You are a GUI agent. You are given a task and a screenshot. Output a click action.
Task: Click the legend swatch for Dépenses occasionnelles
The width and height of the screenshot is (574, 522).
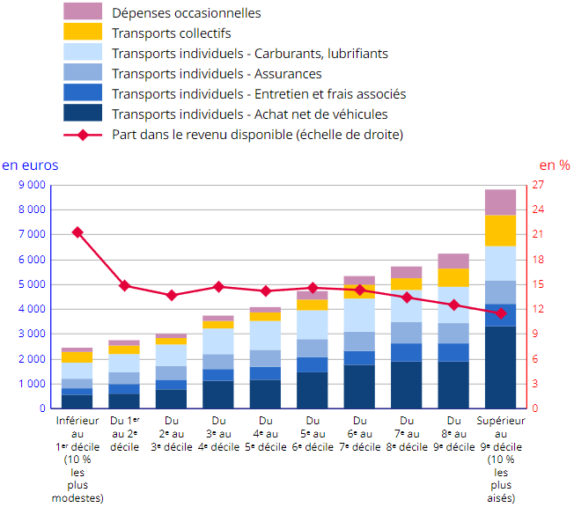point(83,12)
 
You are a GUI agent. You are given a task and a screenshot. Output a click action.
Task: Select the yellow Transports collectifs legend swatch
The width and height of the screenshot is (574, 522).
point(83,33)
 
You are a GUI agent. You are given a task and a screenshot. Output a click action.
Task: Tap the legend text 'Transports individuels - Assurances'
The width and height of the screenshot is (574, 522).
point(217,74)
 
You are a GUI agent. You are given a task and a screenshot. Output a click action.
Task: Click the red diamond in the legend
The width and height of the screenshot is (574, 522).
point(83,135)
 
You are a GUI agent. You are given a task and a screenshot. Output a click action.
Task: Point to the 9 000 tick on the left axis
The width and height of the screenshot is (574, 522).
point(32,186)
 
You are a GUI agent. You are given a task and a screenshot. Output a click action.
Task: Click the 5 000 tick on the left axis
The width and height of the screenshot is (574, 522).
point(32,285)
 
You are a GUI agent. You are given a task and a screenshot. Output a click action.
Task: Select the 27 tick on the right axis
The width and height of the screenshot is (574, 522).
point(538,186)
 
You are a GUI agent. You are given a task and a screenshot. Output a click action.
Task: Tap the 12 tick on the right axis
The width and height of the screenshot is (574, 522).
point(538,310)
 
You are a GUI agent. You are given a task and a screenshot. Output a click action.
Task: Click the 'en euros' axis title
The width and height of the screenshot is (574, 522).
point(30,165)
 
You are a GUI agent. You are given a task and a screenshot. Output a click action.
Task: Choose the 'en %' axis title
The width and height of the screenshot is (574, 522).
point(555,165)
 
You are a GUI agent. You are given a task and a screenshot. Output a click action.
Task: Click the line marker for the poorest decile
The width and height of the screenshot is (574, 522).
point(77,232)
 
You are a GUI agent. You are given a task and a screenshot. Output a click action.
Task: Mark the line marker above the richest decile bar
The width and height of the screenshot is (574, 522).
point(501,313)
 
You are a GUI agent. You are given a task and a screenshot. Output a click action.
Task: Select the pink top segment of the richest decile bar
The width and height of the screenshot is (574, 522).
point(501,202)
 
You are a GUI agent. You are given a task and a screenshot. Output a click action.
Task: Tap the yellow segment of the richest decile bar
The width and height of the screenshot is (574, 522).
point(501,231)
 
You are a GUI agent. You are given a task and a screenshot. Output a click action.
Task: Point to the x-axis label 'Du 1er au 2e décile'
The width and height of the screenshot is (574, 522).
point(124,433)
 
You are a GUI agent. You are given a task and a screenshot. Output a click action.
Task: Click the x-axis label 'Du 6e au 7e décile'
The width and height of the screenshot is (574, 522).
point(359,433)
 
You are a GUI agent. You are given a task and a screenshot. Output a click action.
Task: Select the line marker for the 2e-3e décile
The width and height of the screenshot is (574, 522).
point(172,296)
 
